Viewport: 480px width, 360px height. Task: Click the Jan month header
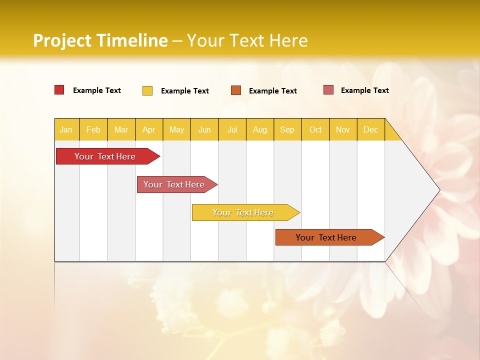tap(66, 129)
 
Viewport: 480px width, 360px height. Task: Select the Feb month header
tap(93, 129)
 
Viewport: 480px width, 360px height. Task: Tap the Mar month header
tap(121, 129)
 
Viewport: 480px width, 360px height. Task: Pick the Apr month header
tap(149, 129)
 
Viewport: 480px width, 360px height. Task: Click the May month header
tap(176, 129)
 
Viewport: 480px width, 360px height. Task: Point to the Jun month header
tap(204, 129)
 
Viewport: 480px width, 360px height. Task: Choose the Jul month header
tap(232, 129)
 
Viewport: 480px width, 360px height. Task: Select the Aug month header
tap(260, 129)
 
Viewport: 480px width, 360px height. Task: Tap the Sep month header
tap(287, 129)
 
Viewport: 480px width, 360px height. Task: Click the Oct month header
tap(315, 129)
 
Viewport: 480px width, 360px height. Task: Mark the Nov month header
tap(343, 129)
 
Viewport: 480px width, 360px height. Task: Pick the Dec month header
tap(371, 129)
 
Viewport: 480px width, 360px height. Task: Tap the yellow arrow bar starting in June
tap(243, 212)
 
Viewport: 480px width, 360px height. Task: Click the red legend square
tap(59, 90)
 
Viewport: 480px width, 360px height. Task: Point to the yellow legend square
tap(147, 90)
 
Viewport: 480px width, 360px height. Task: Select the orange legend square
tap(236, 90)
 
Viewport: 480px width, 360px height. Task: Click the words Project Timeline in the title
tap(100, 40)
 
